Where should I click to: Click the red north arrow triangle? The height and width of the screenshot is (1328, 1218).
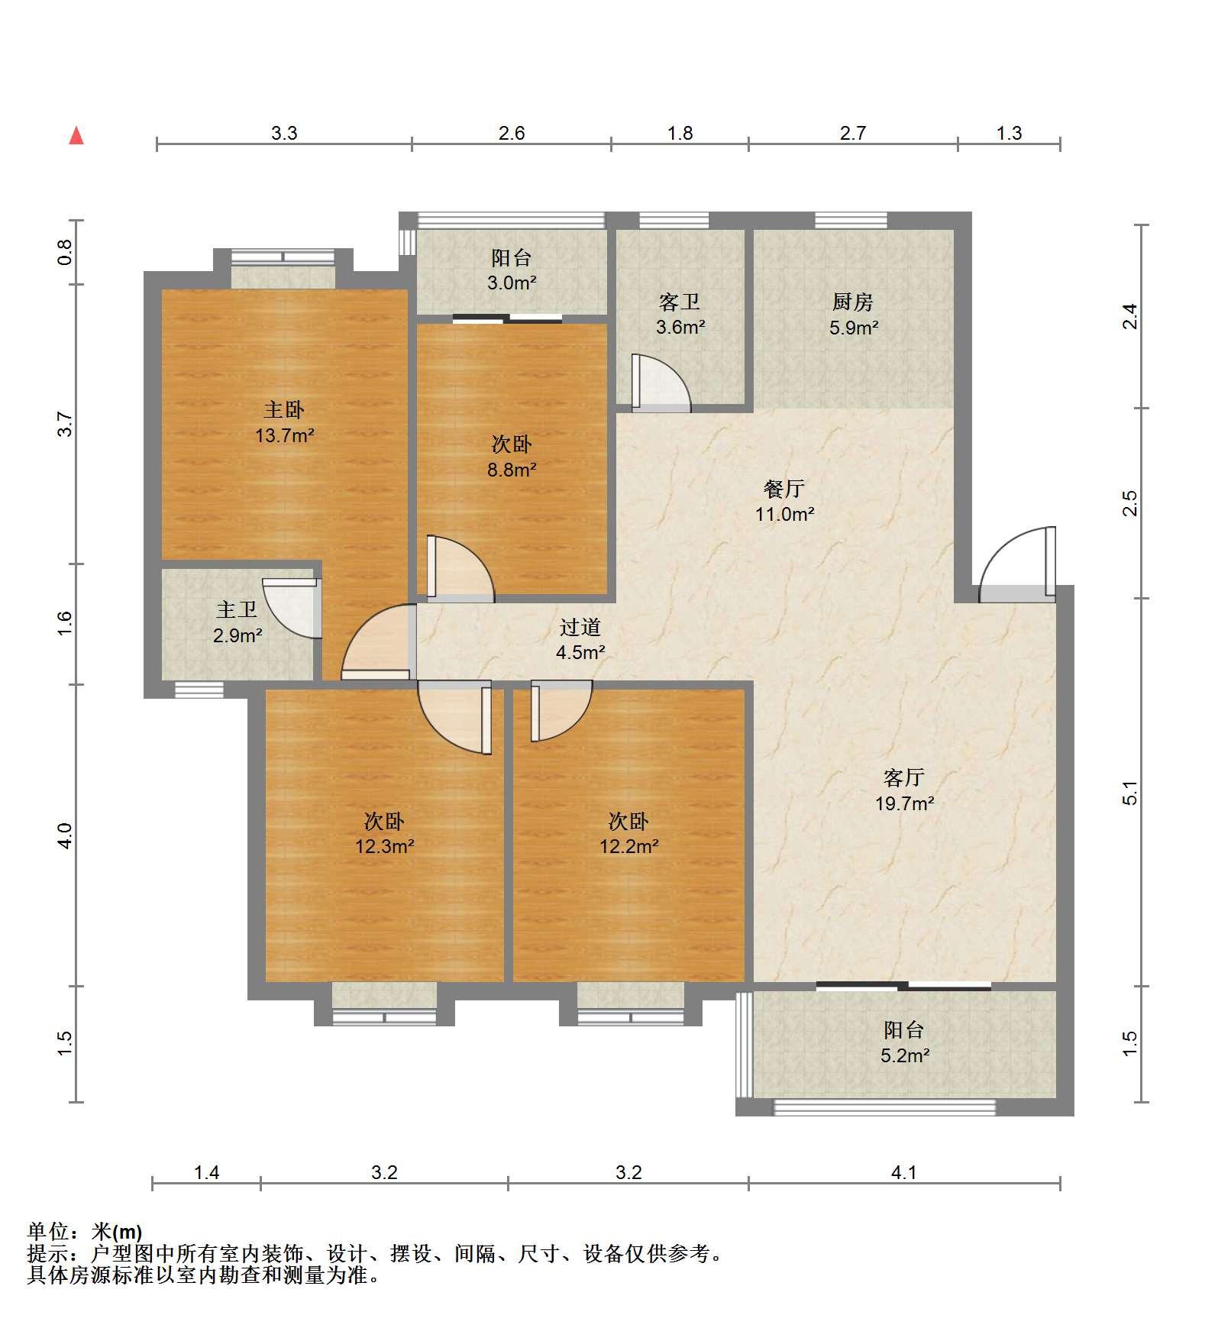(x=76, y=135)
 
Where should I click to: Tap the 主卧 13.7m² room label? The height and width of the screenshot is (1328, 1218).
(x=284, y=422)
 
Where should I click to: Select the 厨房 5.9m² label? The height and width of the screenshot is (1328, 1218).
(x=853, y=315)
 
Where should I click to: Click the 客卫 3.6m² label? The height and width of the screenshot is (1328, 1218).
(x=680, y=315)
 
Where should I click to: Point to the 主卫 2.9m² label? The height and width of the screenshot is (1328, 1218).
(x=237, y=622)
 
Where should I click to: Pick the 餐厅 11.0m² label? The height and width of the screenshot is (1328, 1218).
(x=784, y=501)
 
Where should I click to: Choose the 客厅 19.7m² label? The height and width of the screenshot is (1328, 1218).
(x=904, y=790)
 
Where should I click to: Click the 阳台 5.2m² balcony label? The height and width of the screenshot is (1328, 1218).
(x=904, y=1043)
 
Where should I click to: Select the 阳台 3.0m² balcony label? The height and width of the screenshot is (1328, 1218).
(x=512, y=270)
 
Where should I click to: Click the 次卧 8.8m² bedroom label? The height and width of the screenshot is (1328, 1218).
(x=512, y=457)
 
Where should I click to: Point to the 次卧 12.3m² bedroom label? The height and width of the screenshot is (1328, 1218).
(x=384, y=834)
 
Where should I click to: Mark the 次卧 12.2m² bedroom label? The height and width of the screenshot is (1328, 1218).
(x=628, y=834)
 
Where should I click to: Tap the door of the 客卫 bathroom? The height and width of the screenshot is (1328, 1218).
(x=661, y=383)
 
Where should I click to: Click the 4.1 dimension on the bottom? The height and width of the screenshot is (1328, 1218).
(x=904, y=1172)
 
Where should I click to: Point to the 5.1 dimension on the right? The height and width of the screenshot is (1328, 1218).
(x=1130, y=793)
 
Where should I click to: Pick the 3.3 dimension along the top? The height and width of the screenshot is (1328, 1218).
(x=284, y=134)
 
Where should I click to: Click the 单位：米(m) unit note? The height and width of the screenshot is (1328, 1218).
(x=84, y=1232)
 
